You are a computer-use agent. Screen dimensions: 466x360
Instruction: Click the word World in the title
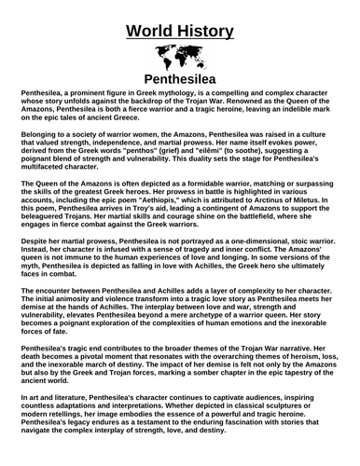coord(149,19)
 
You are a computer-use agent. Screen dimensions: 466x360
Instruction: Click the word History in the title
coord(210,19)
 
